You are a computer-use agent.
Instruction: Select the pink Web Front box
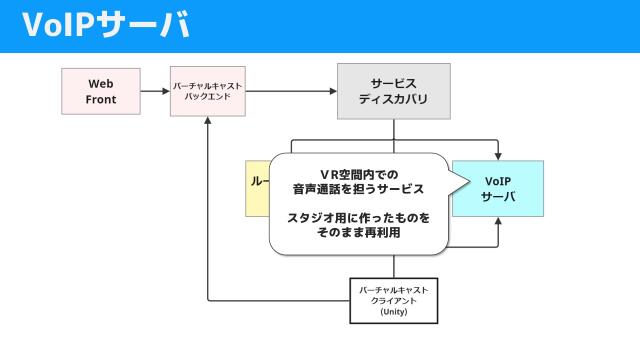(x=101, y=91)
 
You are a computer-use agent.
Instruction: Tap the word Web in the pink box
(x=101, y=83)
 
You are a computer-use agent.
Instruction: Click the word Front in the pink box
(x=101, y=99)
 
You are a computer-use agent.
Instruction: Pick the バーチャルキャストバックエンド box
(x=208, y=91)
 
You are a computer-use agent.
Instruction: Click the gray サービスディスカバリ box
(x=393, y=91)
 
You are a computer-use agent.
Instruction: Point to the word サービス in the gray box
(x=393, y=83)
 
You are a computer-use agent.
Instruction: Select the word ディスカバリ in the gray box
(x=393, y=100)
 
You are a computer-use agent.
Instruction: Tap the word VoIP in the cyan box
(x=498, y=180)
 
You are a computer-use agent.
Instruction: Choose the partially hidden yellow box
(x=257, y=188)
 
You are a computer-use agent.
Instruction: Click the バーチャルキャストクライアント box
(x=394, y=300)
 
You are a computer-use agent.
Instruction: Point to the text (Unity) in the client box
(x=394, y=312)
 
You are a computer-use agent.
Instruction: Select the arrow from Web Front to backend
(x=154, y=91)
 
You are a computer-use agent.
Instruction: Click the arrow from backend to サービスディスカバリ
(x=290, y=91)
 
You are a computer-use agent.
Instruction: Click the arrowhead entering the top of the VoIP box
(x=498, y=156)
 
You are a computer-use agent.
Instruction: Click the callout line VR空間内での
(x=358, y=173)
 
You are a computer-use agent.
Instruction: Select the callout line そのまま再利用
(x=358, y=232)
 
